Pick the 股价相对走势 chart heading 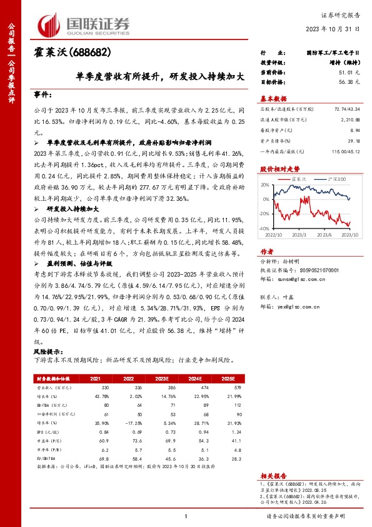(x=279, y=169)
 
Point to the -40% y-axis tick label (x=263, y=228)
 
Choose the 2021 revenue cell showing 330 (x=96, y=388)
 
